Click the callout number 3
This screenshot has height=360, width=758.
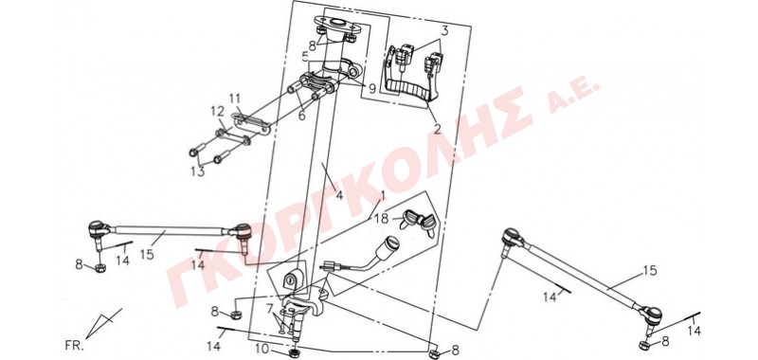(444, 31)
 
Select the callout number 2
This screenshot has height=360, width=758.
(437, 129)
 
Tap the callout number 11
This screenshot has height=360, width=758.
(235, 99)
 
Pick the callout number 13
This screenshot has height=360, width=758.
(198, 171)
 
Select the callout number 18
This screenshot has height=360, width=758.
(381, 218)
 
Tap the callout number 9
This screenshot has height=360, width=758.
(371, 89)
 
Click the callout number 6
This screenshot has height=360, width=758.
(302, 116)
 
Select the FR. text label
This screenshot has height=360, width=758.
(74, 346)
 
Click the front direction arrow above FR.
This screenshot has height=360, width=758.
(103, 323)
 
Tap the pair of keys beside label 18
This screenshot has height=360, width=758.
(419, 222)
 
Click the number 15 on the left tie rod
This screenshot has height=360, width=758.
(147, 254)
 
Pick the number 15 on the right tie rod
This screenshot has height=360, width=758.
(650, 271)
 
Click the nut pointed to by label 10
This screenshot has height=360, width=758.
(294, 352)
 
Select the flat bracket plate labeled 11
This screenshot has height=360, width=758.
(250, 123)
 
